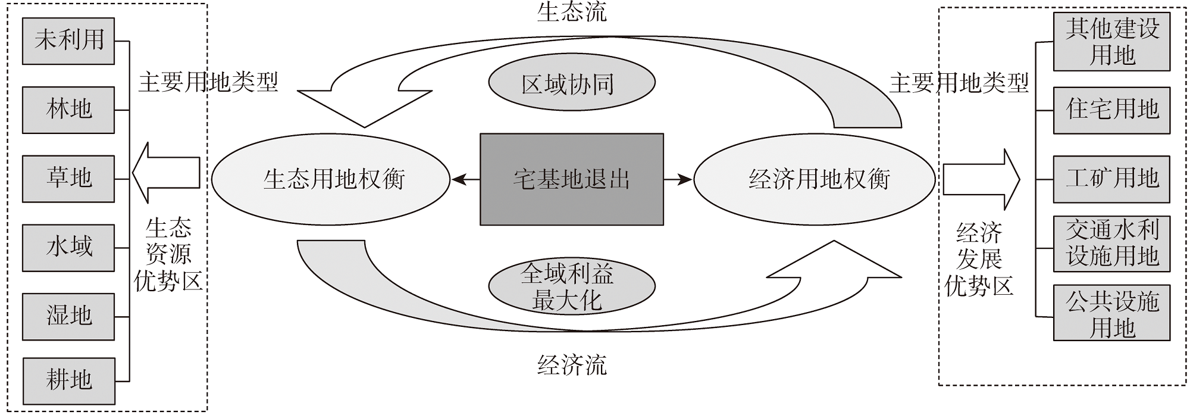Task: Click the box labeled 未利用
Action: pyautogui.click(x=68, y=40)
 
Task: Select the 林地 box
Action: pyautogui.click(x=68, y=110)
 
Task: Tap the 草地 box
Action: pyautogui.click(x=68, y=179)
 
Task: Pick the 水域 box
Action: pyautogui.click(x=68, y=248)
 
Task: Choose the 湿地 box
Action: pyautogui.click(x=68, y=316)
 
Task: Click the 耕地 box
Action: pyautogui.click(x=68, y=380)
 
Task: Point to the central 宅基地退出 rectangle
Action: pyautogui.click(x=571, y=179)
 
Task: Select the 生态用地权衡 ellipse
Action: pyautogui.click(x=331, y=179)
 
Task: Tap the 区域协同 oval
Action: pyautogui.click(x=571, y=83)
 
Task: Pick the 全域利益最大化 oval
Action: pyautogui.click(x=571, y=286)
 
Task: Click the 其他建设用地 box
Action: pyautogui.click(x=1111, y=42)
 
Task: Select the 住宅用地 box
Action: pyautogui.click(x=1111, y=110)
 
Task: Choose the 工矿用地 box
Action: pyautogui.click(x=1111, y=179)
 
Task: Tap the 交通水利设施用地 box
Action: pyautogui.click(x=1111, y=244)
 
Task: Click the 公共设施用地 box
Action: pyautogui.click(x=1111, y=313)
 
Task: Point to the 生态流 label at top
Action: pyautogui.click(x=571, y=12)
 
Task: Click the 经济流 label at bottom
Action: pyautogui.click(x=571, y=364)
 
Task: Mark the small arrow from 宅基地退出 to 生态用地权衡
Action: pyautogui.click(x=465, y=179)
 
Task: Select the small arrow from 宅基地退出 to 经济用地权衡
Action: pyautogui.click(x=678, y=179)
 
